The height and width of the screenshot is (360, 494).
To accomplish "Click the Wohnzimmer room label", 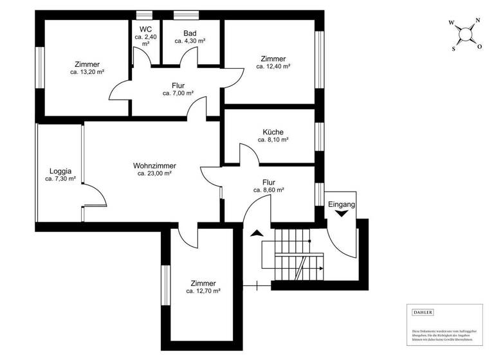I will click(x=154, y=165).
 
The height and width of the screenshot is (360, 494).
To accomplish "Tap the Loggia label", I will click(x=60, y=171).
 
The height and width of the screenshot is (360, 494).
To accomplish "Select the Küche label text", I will click(x=273, y=132).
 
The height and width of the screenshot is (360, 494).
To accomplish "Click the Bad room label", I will click(x=190, y=33).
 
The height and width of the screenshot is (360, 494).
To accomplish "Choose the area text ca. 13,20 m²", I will click(x=87, y=73).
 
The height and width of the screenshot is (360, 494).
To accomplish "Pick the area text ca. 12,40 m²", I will click(x=273, y=66).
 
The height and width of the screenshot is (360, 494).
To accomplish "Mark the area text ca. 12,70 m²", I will click(x=203, y=291).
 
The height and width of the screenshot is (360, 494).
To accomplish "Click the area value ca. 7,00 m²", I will click(x=178, y=93).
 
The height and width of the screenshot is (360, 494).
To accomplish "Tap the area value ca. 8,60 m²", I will click(x=269, y=190).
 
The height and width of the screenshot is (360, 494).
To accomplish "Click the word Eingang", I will click(x=342, y=204).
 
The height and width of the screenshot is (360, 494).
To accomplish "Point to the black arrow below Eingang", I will click(x=342, y=216).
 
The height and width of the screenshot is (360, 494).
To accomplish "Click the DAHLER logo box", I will click(x=423, y=312).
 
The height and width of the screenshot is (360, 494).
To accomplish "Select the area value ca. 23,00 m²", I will click(x=154, y=174).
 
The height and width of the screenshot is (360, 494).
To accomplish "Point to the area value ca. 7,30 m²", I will click(x=60, y=179).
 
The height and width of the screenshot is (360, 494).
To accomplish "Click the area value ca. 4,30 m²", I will click(x=190, y=41).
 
